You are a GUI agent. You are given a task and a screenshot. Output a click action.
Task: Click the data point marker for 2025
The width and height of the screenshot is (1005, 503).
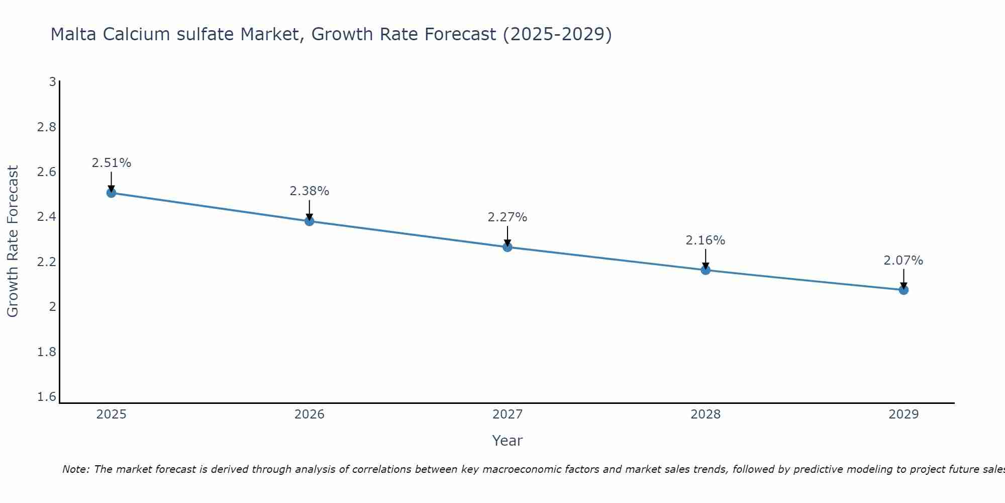pos(112,193)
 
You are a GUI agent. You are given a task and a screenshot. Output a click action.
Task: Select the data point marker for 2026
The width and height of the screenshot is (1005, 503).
pos(310,221)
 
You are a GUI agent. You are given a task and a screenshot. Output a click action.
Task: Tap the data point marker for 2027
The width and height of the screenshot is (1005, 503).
pos(508,247)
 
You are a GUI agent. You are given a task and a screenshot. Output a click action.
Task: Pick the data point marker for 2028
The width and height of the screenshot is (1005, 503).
pos(706,270)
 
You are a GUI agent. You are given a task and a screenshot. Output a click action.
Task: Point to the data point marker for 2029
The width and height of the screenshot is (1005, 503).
pos(903,290)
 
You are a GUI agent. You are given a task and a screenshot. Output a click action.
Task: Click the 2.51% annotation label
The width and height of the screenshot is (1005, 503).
pos(112,163)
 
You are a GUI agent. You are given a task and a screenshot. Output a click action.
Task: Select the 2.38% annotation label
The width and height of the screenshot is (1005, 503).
pos(310,191)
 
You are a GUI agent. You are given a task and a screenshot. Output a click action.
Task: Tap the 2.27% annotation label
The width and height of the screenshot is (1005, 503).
pos(508,217)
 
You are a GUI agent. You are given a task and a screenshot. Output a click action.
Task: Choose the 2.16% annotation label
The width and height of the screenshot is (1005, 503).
pos(706,240)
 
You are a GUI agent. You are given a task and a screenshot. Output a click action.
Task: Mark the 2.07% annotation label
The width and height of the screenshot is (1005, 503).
pos(903,261)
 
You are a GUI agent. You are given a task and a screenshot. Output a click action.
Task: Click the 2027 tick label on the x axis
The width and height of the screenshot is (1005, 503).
pos(508,414)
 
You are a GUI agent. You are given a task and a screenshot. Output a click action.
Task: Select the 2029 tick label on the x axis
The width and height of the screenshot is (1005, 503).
pos(903,414)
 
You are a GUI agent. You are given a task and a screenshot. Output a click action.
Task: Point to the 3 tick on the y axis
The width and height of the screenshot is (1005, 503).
pos(52,81)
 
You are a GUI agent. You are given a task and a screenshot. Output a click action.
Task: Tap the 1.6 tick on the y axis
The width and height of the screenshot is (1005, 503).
pos(47,397)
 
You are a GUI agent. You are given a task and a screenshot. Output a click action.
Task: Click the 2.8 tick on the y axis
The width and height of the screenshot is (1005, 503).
pos(47,127)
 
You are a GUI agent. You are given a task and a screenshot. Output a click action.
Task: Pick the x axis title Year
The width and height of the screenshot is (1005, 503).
pos(508,441)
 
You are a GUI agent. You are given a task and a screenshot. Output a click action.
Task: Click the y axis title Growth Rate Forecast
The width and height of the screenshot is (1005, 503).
pos(13,241)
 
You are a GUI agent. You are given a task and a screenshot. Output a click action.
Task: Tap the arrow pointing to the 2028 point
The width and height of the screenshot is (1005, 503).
pos(706,259)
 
